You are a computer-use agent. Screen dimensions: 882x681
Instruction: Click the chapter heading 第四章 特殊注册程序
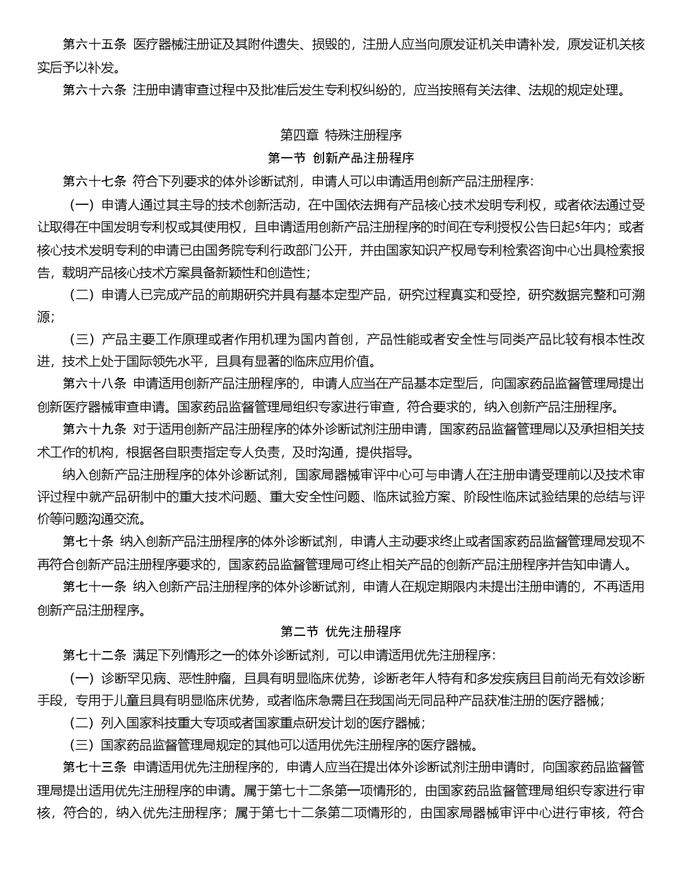340,135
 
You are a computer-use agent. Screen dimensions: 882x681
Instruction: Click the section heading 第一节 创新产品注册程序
340,158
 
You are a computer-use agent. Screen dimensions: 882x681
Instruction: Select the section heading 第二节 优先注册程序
340,631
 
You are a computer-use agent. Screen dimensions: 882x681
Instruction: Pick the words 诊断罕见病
133,678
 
